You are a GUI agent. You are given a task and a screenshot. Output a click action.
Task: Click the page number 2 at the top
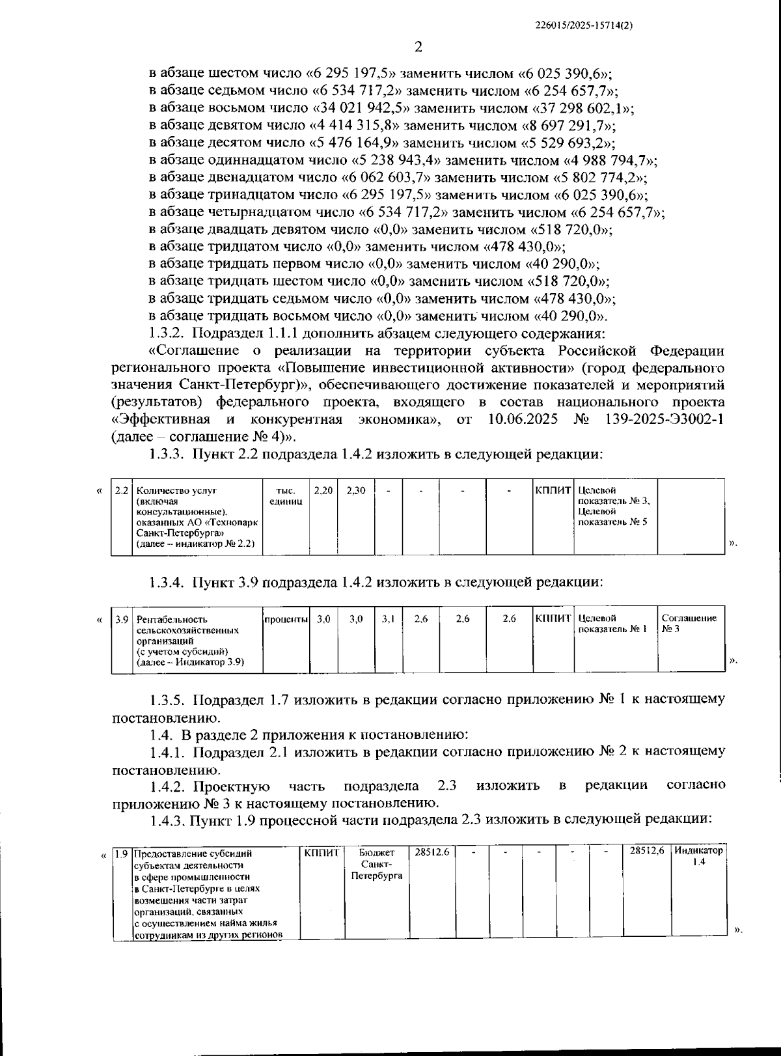[x=418, y=47]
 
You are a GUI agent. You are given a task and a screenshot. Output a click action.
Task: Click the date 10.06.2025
[x=523, y=419]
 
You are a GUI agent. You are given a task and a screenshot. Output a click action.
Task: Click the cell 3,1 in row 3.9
[x=388, y=619]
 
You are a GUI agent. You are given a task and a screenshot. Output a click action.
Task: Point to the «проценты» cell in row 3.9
[x=285, y=619]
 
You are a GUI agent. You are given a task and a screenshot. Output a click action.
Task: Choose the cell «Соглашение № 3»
[x=689, y=624]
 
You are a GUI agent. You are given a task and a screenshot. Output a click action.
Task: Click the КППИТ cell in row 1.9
[x=322, y=852]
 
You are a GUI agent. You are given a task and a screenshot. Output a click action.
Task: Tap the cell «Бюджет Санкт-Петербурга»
[x=376, y=864]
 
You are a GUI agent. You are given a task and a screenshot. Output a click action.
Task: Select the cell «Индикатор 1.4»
[x=698, y=857]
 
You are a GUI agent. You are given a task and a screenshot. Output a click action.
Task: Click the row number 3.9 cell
[x=121, y=619]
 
